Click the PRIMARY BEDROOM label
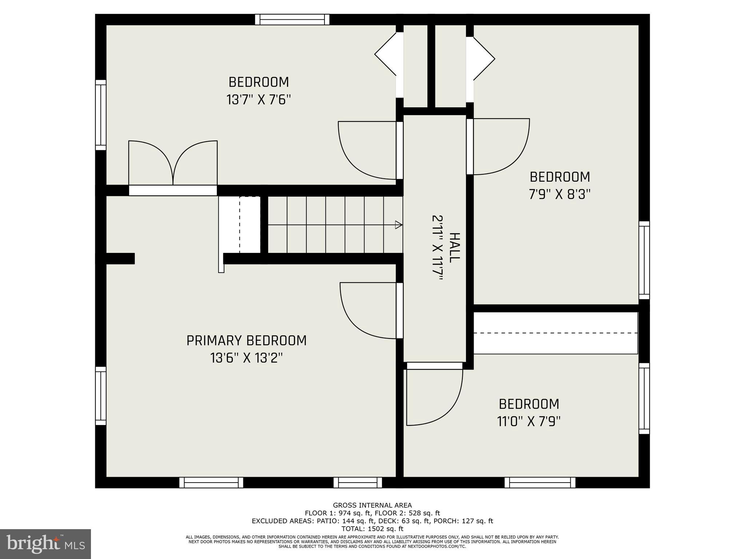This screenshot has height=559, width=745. coord(246,341)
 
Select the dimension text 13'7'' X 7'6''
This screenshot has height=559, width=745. coord(259,99)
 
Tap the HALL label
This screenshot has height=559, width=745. coord(454,248)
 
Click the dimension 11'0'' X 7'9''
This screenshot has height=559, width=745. coord(528,421)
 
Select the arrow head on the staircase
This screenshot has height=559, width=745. coord(399,225)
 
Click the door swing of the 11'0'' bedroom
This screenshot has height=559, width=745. coord(434,397)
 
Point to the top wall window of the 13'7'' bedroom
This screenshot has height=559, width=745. coord(292,19)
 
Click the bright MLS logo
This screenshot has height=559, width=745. coord(45,544)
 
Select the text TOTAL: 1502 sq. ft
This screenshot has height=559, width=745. coord(372,529)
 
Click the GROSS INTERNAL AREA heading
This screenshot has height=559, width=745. coord(372,505)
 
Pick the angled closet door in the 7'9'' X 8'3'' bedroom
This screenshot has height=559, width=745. coord(483,58)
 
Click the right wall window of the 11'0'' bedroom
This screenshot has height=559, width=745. coord(644,398)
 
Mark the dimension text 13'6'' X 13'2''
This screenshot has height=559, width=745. coord(246,358)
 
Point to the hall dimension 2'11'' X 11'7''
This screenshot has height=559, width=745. coord(437,248)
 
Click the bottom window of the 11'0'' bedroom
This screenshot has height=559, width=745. coord(540,483)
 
